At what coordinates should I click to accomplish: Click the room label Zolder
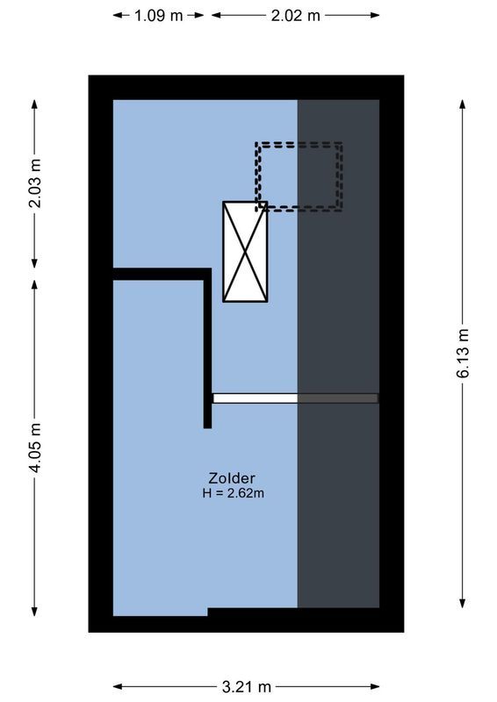click(x=233, y=478)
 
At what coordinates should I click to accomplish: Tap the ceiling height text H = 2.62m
click(x=233, y=493)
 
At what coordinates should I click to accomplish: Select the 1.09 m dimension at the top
click(x=159, y=15)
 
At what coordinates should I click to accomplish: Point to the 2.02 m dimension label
click(x=295, y=15)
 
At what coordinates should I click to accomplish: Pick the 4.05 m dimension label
click(x=35, y=448)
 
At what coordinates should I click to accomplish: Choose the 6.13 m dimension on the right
click(x=463, y=353)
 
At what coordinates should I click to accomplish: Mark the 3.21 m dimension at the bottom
click(x=248, y=686)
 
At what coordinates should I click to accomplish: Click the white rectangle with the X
click(x=245, y=252)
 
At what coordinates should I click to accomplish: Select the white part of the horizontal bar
click(x=255, y=398)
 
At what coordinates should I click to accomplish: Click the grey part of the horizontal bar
click(x=338, y=398)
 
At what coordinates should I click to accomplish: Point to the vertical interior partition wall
click(x=208, y=351)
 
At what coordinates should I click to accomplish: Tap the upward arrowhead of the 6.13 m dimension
click(x=463, y=104)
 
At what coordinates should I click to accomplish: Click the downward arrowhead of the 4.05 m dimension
click(x=35, y=612)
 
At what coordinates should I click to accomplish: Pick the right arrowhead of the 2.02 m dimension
click(x=377, y=15)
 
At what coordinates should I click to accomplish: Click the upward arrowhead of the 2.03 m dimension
click(x=35, y=104)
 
